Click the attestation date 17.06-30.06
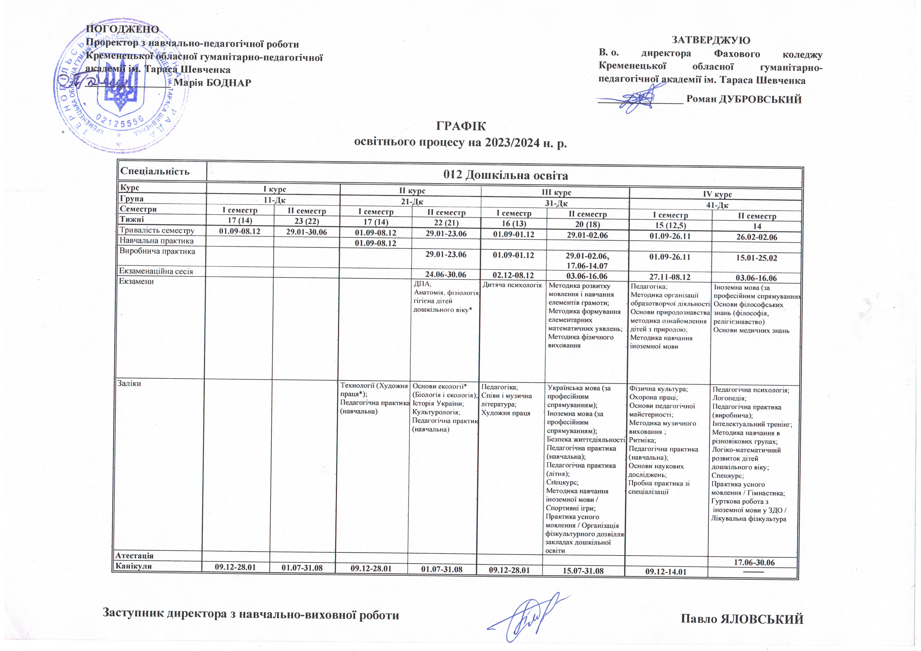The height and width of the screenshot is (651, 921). [754, 563]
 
